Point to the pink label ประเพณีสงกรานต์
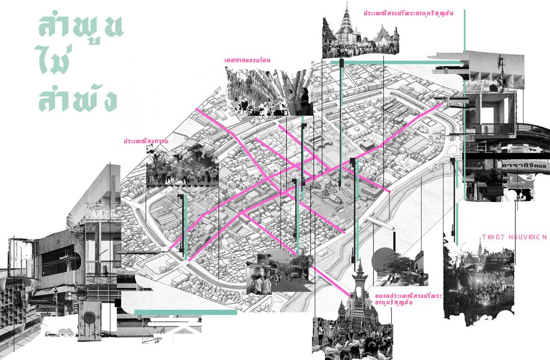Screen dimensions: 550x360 (146, 141)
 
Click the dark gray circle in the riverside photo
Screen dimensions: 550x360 (383, 259)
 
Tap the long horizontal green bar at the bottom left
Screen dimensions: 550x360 (186, 312)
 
